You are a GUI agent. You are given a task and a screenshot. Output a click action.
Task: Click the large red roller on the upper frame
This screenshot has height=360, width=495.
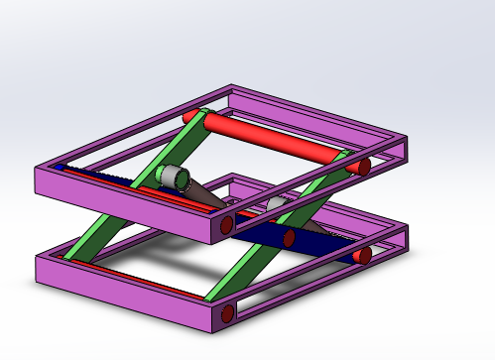coord(273,140)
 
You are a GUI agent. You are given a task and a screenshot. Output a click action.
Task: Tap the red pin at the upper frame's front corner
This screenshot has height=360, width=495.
coord(227,225)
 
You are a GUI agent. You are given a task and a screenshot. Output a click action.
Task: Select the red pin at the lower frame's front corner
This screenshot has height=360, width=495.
coord(228,315)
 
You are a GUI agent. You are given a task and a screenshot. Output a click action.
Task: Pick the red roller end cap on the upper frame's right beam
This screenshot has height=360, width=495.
coord(365,165)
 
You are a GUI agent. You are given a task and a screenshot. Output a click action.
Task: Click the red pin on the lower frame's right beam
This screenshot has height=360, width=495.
coord(364,256)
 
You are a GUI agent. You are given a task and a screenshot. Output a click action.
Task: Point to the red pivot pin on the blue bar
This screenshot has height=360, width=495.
coord(289,239)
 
